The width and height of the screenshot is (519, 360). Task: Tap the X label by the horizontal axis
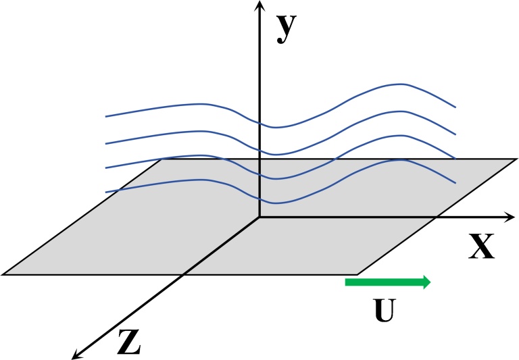tap(481, 249)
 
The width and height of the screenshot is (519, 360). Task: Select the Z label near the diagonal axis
tap(128, 342)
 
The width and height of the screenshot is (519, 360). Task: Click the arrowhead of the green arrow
tap(426, 282)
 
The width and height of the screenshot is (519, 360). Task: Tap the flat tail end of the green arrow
tap(346, 282)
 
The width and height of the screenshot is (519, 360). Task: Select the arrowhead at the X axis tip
tap(511, 217)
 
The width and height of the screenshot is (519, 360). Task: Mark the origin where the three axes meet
tap(259, 217)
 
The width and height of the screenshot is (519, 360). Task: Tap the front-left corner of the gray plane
tap(3, 274)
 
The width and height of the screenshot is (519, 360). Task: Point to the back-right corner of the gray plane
tap(517, 159)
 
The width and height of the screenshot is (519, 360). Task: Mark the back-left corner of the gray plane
tap(161, 159)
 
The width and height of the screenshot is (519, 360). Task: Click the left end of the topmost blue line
tap(106, 117)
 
